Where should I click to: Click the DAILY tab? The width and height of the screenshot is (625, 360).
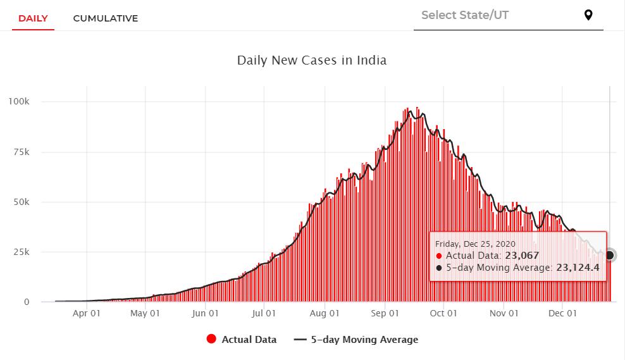click(33, 18)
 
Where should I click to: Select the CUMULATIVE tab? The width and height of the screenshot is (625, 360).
click(105, 18)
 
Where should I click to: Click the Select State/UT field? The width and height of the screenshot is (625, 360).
click(493, 15)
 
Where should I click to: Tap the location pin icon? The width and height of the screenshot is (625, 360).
click(588, 15)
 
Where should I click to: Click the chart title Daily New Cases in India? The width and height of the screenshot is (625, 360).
click(312, 61)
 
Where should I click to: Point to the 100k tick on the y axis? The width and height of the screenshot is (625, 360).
click(19, 102)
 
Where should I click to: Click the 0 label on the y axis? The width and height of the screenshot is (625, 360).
click(27, 302)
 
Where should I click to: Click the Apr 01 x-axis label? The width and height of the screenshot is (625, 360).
click(86, 313)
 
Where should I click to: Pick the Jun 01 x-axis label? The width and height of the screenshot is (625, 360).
click(206, 313)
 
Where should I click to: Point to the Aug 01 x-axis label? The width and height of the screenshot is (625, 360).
click(325, 313)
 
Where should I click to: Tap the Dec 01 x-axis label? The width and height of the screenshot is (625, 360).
click(562, 313)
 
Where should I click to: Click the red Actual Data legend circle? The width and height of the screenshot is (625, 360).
click(212, 339)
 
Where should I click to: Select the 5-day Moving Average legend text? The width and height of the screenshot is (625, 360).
click(364, 340)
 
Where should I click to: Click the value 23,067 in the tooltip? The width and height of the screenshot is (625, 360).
click(521, 256)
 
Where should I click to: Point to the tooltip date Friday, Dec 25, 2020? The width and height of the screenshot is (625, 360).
click(476, 244)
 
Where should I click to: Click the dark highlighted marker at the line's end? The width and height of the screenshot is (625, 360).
click(610, 255)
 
